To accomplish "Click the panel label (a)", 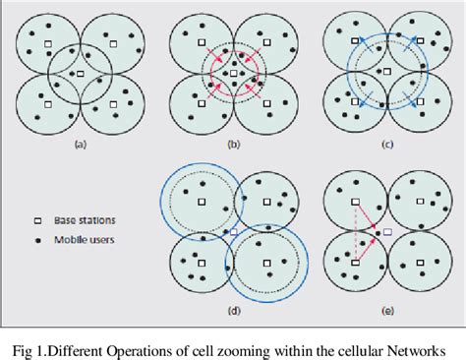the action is [x=81, y=145].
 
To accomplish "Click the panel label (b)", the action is [x=234, y=145].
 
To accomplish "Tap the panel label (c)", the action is [x=387, y=145].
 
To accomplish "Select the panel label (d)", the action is [x=234, y=311].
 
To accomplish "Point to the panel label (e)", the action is [x=387, y=311].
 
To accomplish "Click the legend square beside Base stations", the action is [x=38, y=221].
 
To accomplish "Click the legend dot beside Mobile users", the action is [x=38, y=241].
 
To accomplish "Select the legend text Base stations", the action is [x=85, y=220].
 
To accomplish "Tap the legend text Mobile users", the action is [x=85, y=240].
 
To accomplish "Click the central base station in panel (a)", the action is [x=81, y=74].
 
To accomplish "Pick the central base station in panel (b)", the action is [x=233, y=73].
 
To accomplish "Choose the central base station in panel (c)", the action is [x=387, y=71].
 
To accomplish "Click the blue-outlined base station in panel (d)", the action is [x=234, y=232].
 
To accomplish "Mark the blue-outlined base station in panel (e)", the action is [x=387, y=232].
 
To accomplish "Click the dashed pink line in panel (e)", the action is [x=356, y=232].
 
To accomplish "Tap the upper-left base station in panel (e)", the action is [x=356, y=202].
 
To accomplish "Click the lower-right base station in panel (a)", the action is [x=113, y=104].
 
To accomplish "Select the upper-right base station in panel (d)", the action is [x=266, y=202].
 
